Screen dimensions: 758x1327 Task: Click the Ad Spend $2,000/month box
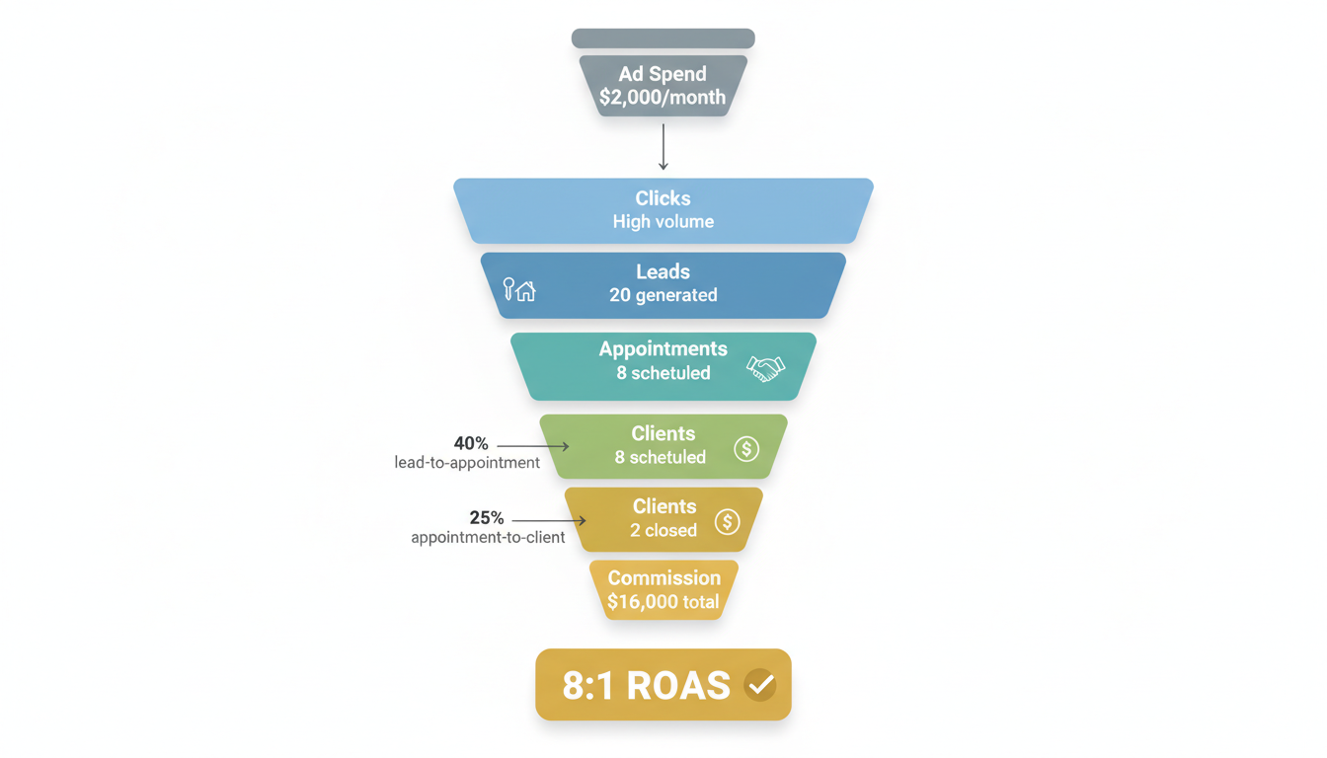(663, 86)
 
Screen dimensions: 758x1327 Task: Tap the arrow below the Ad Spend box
(663, 146)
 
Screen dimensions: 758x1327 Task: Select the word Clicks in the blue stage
(663, 198)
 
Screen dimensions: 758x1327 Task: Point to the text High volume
(663, 222)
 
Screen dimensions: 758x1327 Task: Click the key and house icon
(519, 289)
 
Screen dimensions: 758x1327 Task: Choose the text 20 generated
(663, 295)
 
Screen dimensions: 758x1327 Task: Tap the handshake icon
(765, 369)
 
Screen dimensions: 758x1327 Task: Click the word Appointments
(663, 348)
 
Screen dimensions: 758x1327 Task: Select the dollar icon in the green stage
(746, 449)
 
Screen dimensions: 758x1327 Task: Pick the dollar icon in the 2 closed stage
(728, 522)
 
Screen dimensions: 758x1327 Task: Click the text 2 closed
(663, 531)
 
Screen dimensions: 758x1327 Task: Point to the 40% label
(471, 444)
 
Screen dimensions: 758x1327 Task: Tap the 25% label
(487, 518)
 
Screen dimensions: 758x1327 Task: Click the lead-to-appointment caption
(467, 463)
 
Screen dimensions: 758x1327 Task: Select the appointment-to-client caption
(488, 538)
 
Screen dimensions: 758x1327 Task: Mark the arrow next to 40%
(533, 446)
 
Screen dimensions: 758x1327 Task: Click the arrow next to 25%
(549, 520)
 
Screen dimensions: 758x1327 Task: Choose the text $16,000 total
(663, 602)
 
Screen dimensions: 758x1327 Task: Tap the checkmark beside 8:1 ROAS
(759, 684)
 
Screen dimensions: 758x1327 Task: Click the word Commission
(663, 578)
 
